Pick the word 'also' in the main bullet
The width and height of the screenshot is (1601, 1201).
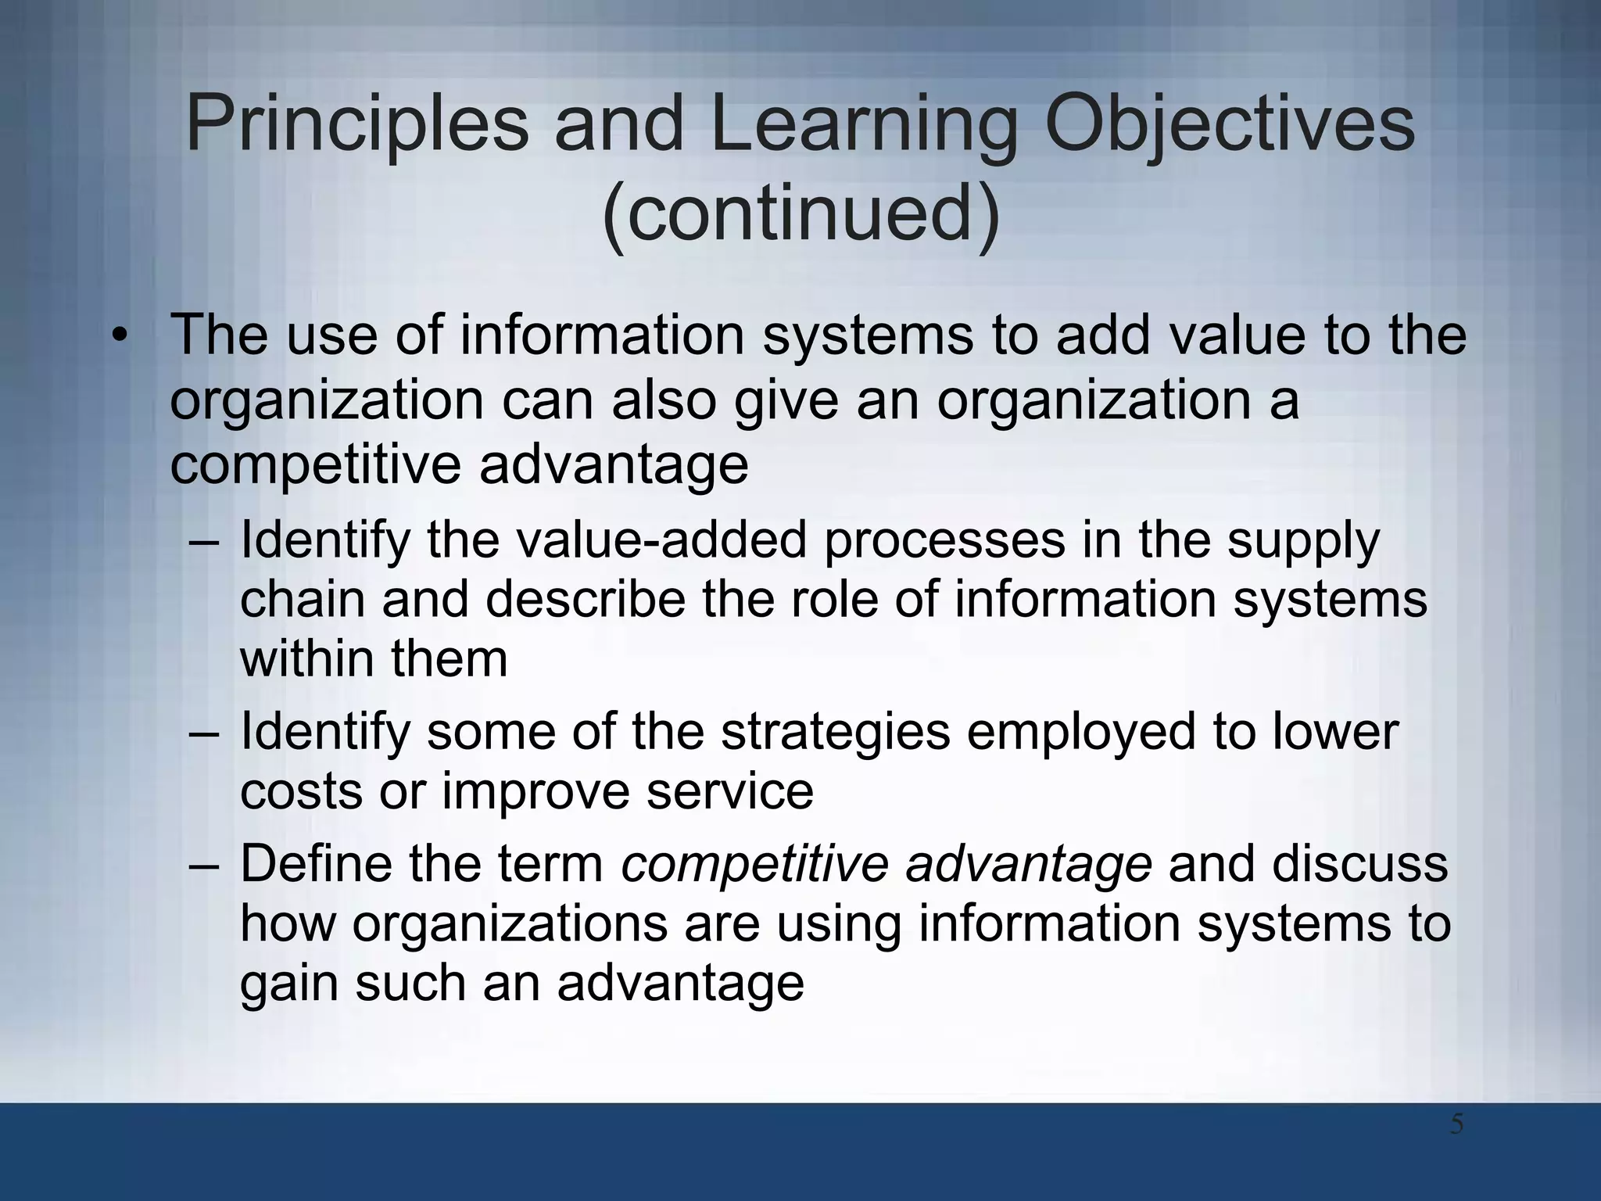click(x=664, y=400)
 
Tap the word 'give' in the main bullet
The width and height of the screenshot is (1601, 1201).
click(x=786, y=401)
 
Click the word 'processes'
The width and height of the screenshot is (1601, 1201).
click(x=944, y=541)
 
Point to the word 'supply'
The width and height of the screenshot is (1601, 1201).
click(x=1303, y=541)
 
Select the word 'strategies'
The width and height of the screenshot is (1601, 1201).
click(x=836, y=733)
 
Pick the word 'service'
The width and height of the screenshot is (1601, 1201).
click(x=729, y=791)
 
